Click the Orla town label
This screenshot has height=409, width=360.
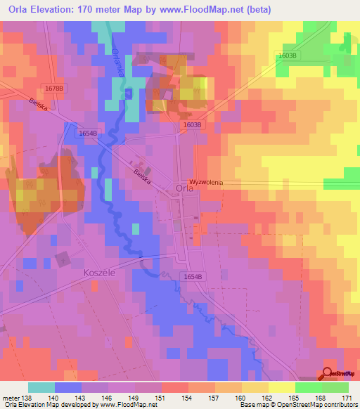(184, 188)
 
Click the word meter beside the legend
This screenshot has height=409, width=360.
(11, 398)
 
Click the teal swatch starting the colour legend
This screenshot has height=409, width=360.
(41, 387)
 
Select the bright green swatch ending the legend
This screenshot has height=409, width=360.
(335, 387)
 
